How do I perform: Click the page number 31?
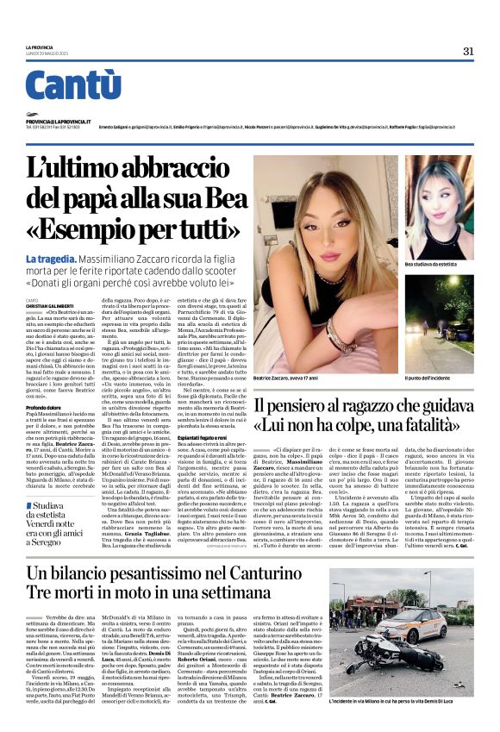click(x=468, y=51)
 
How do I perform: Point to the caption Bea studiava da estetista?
click(x=435, y=264)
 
